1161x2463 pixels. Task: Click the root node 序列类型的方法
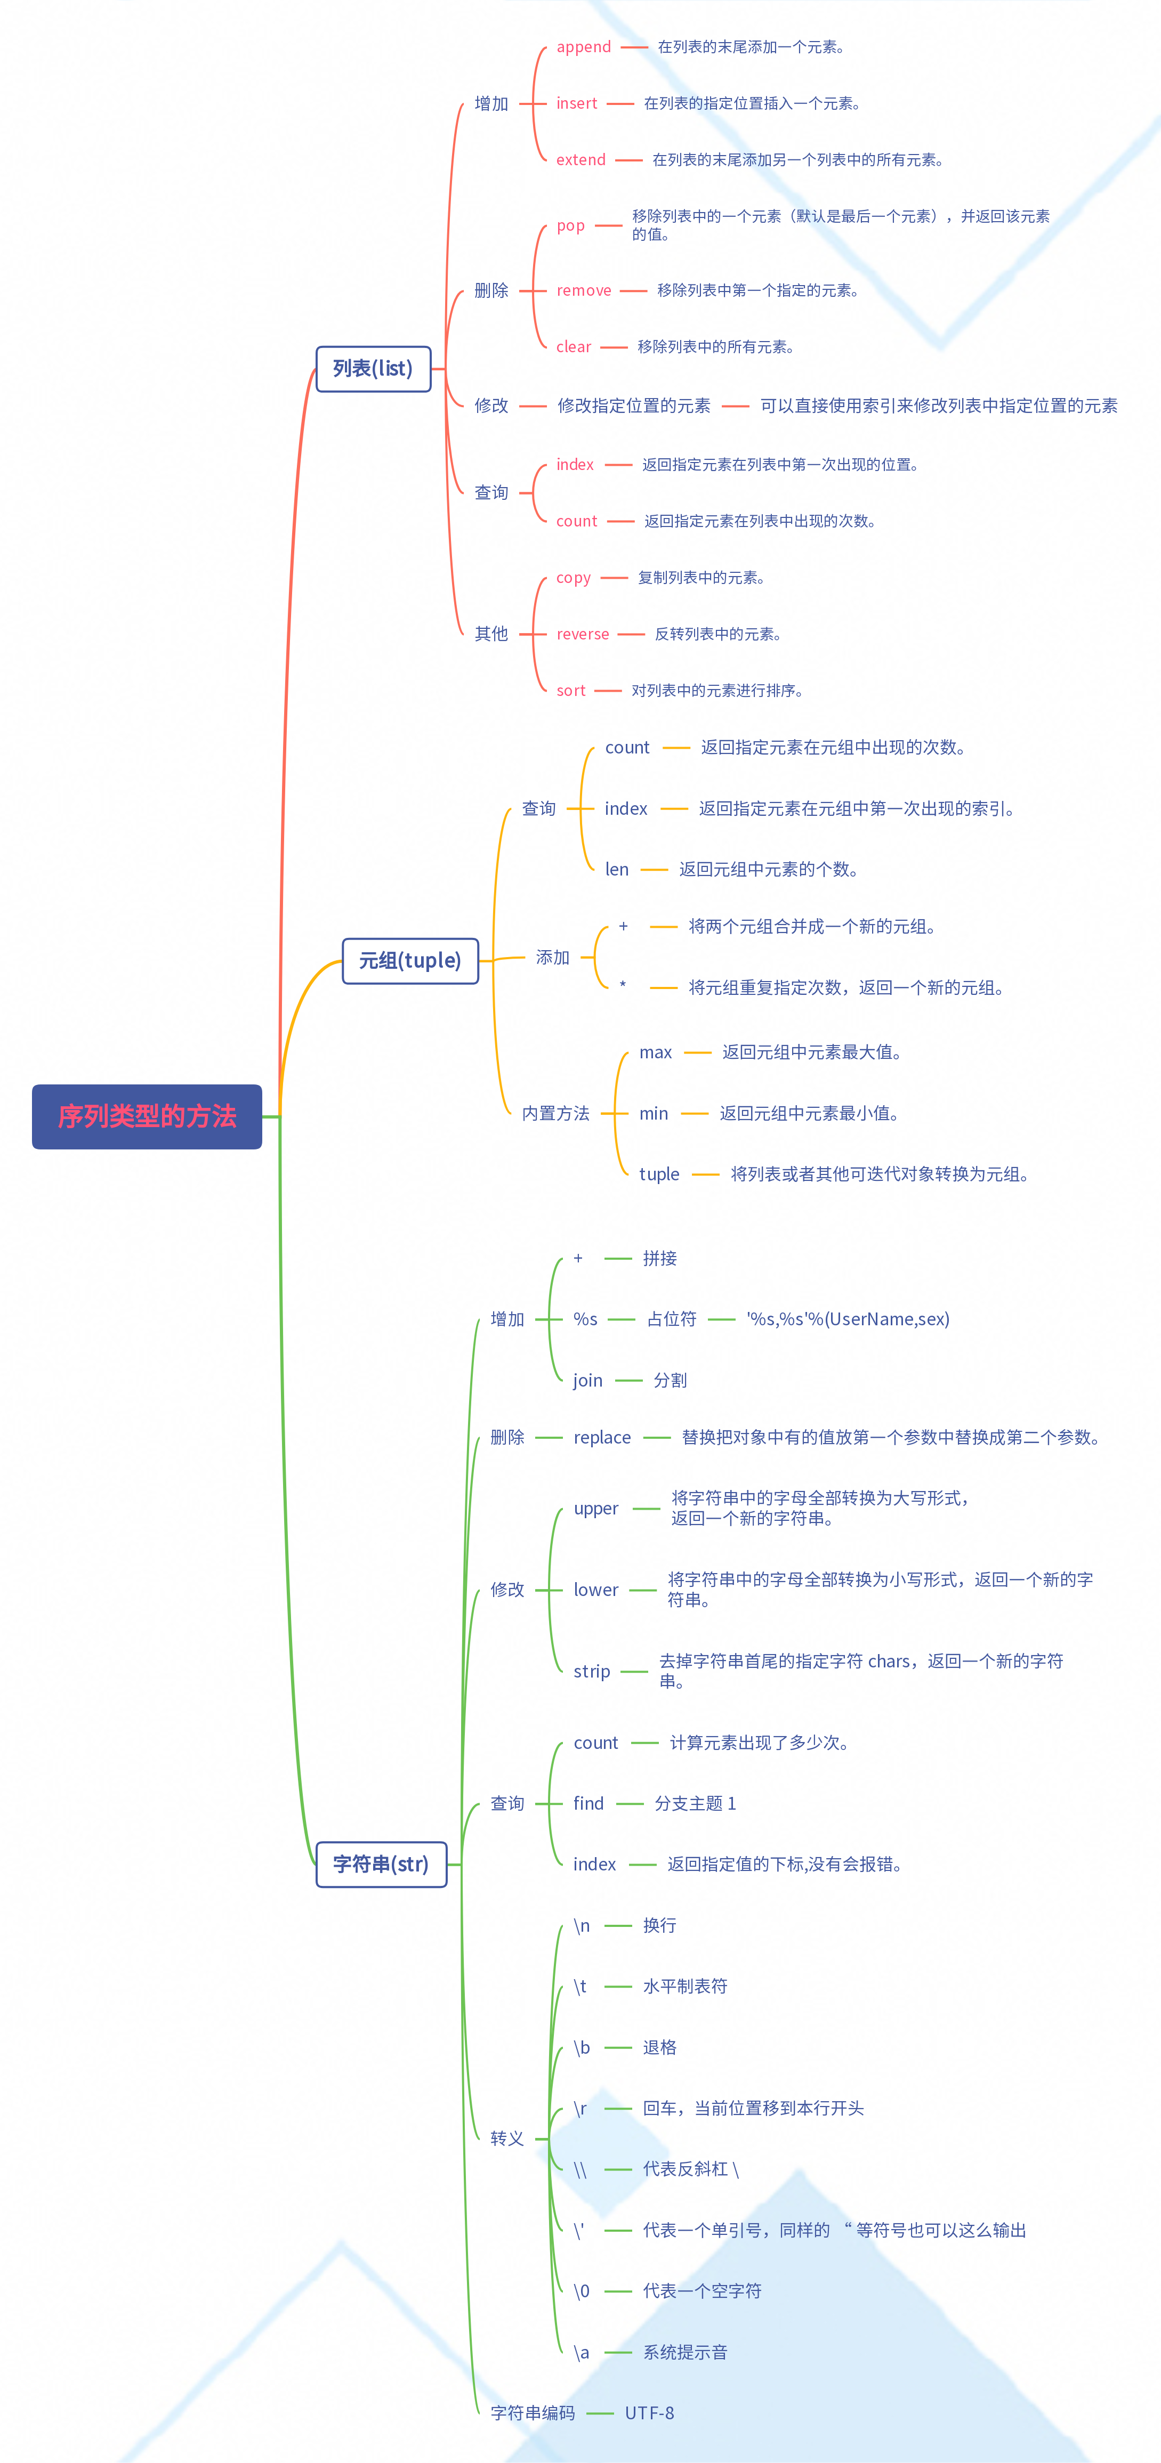tap(146, 1116)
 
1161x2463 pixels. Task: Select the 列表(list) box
tap(373, 368)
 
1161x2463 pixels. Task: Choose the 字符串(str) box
tap(381, 1864)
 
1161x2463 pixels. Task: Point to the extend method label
tap(580, 160)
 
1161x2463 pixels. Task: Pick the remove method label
tap(583, 290)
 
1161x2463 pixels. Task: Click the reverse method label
tap(583, 634)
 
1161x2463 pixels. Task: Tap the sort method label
tap(571, 690)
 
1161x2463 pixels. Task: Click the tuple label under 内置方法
tap(659, 1174)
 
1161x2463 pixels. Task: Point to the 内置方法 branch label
tap(555, 1113)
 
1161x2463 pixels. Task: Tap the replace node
tap(601, 1437)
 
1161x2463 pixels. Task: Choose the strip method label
tap(591, 1671)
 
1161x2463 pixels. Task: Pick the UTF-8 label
tap(649, 2412)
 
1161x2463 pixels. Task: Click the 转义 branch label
tap(507, 2138)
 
